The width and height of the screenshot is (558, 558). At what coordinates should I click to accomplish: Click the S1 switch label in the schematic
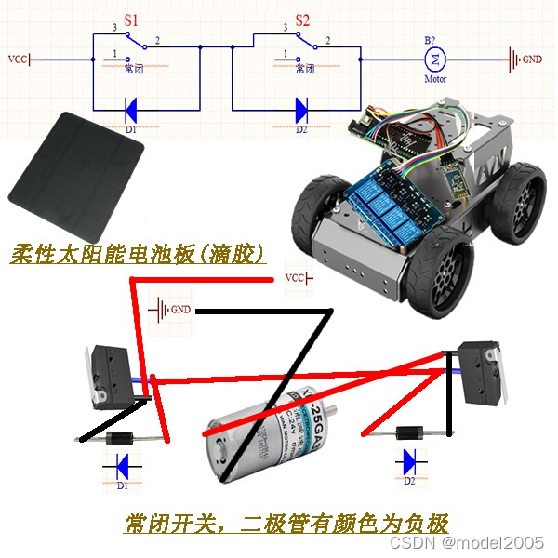[x=131, y=19]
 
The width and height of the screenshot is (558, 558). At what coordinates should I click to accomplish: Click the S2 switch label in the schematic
[x=302, y=19]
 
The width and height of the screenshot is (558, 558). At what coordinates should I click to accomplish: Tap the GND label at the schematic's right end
[x=531, y=60]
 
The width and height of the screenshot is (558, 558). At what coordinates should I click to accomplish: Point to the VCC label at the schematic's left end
[x=18, y=60]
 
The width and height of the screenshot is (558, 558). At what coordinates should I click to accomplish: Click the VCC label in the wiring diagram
[x=295, y=278]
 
